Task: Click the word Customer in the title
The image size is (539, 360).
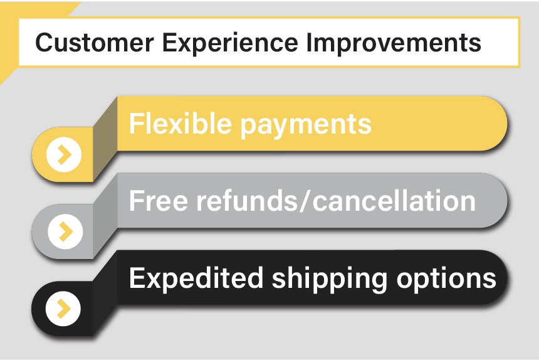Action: (85, 43)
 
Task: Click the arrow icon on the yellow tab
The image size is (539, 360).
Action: (64, 154)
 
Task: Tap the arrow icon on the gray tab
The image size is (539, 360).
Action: (64, 231)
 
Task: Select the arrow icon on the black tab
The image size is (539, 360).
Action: (64, 308)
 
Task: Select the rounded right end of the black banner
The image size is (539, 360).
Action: (501, 278)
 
